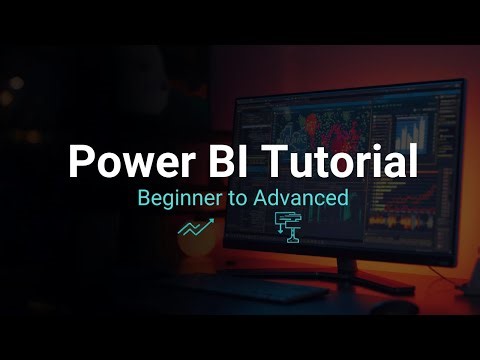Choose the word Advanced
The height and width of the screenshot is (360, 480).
pos(300,198)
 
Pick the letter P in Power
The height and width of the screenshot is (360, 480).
pos(79,162)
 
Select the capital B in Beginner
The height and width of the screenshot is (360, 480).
pos(144,198)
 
